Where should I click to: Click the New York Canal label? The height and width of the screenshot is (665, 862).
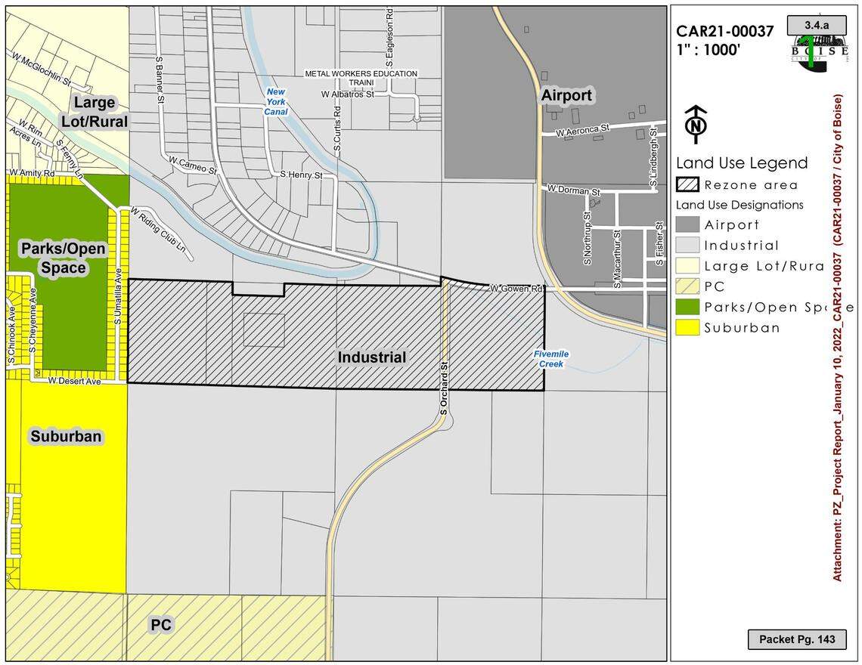click(x=276, y=101)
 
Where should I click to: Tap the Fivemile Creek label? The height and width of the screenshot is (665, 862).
click(x=551, y=359)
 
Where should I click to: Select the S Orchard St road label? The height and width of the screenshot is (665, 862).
click(x=445, y=387)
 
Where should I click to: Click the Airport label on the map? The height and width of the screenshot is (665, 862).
click(x=566, y=96)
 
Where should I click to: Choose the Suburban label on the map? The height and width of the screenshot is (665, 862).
click(x=66, y=436)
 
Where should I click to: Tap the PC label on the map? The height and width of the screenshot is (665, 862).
click(x=160, y=625)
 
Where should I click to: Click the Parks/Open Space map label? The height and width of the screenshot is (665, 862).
click(x=64, y=258)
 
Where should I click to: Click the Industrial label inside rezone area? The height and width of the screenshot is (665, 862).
click(x=371, y=357)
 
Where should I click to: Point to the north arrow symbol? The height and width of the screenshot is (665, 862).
click(x=694, y=124)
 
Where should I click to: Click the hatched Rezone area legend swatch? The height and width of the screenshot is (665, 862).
click(x=687, y=185)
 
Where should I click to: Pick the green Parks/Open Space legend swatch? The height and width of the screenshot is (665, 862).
click(x=687, y=307)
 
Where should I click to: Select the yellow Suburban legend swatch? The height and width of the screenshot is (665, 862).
click(x=687, y=327)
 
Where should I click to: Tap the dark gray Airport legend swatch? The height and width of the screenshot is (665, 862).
click(x=687, y=224)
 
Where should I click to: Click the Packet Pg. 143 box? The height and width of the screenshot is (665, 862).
click(x=797, y=639)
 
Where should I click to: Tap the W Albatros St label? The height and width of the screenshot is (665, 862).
click(x=348, y=94)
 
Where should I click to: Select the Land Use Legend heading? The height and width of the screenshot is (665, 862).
click(x=741, y=162)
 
